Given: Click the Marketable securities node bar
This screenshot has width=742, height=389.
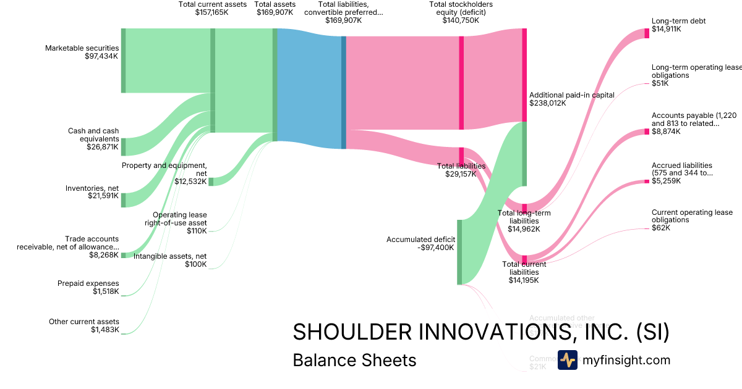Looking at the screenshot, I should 123,61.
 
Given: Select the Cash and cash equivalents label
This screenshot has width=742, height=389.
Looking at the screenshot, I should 93,135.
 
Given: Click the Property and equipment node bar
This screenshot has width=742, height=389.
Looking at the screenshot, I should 211,181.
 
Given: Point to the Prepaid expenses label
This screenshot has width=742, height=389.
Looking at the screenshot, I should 88,283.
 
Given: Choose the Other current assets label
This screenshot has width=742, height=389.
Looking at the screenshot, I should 84,322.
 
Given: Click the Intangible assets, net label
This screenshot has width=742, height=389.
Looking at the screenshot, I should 170,256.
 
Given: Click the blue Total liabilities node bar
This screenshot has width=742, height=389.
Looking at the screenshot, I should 344,93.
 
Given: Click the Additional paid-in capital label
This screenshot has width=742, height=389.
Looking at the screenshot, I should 571,95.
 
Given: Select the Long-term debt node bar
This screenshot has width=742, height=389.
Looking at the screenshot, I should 647,33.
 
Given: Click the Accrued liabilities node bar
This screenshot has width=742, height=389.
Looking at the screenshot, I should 647,182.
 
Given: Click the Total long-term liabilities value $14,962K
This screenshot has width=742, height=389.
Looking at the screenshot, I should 524,228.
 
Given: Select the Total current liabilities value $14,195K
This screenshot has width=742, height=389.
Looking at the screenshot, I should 524,280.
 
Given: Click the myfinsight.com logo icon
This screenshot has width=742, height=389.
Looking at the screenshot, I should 567,360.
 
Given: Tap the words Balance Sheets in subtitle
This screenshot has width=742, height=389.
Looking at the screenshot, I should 354,360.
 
